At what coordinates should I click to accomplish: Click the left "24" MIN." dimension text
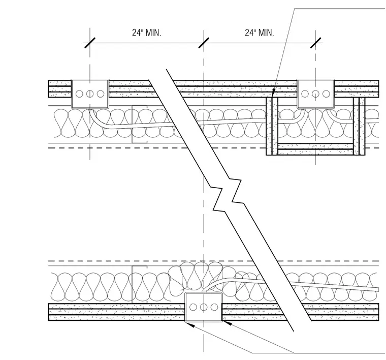click(146, 33)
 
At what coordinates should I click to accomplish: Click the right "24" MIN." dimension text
click(259, 33)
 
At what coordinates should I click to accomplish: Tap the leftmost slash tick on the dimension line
click(90, 43)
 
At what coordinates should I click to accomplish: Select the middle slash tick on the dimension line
click(204, 43)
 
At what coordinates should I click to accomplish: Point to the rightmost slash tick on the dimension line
click(315, 43)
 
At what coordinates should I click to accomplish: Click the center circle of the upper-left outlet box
click(90, 94)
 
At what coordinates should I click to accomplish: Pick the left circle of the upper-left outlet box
click(79, 94)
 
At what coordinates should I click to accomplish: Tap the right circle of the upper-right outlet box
click(326, 94)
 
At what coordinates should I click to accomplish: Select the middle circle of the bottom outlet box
click(204, 307)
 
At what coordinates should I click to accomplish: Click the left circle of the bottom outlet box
click(193, 307)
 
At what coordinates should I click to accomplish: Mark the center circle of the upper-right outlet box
click(315, 94)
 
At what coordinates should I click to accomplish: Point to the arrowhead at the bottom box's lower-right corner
click(227, 323)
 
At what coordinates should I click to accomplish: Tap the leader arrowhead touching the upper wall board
click(273, 93)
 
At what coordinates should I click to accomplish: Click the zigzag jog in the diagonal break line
click(227, 195)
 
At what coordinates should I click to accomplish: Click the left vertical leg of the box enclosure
click(272, 126)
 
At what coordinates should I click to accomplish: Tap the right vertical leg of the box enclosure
click(359, 126)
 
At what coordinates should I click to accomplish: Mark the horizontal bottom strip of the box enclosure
click(315, 149)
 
